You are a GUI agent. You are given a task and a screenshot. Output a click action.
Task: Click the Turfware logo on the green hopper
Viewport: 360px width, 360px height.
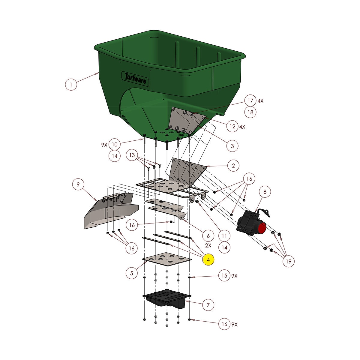click(135, 78)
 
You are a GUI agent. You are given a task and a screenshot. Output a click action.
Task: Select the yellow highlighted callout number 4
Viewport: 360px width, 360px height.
click(208, 259)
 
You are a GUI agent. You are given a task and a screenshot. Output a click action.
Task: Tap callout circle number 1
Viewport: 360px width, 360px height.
click(71, 84)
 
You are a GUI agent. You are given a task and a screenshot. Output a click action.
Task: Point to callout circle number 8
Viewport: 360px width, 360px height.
click(265, 191)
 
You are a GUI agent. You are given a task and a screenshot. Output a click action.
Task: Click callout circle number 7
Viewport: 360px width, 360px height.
click(208, 305)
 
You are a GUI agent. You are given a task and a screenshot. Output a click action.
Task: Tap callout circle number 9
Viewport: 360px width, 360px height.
click(78, 184)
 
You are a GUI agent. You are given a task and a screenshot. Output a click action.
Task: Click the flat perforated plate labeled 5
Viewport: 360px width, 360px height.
click(166, 259)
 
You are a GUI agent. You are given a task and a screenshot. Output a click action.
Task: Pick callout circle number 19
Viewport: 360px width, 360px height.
click(288, 261)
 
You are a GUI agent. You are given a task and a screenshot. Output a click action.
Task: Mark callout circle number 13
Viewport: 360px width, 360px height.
click(132, 155)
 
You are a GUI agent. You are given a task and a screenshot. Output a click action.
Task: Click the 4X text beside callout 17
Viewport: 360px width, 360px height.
click(260, 101)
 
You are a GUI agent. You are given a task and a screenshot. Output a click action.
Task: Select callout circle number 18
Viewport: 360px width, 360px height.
click(250, 112)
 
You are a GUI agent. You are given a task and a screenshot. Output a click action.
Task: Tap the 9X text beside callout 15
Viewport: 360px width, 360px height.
click(234, 276)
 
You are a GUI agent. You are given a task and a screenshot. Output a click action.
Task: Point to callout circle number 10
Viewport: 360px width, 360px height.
click(115, 144)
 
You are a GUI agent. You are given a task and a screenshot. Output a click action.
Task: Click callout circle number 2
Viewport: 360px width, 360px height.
click(233, 165)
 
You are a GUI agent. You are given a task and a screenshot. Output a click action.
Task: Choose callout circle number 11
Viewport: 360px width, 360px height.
click(224, 236)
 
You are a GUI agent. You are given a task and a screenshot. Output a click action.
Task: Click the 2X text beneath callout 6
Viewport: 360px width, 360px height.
click(208, 245)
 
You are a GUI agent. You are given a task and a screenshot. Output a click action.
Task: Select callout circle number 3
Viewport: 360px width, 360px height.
click(232, 146)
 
